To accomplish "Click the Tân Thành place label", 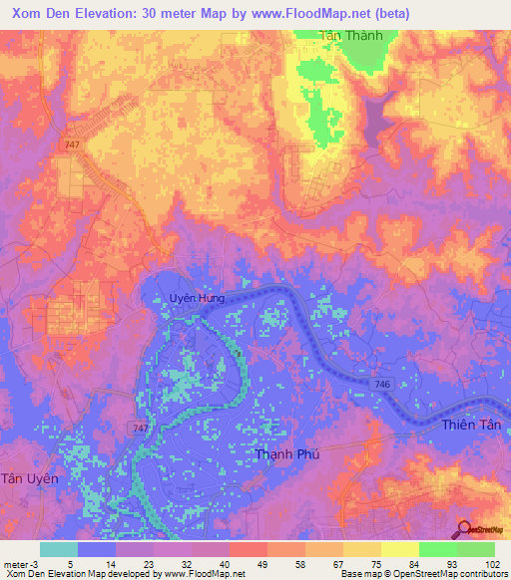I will coord(343,35).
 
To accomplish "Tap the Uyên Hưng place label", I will coord(196,297).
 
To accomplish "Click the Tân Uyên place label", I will coord(30,478).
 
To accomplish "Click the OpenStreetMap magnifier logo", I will coord(465,530).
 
